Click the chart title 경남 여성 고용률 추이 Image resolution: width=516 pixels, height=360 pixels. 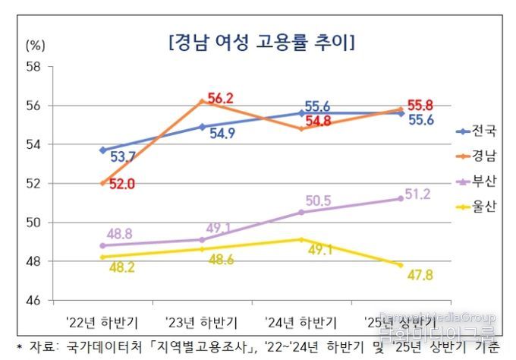(262, 41)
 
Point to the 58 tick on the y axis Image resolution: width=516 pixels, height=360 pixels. (34, 66)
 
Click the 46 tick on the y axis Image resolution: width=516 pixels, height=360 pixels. (34, 301)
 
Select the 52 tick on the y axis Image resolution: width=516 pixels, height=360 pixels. (34, 183)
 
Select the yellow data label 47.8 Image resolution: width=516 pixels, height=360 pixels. (419, 275)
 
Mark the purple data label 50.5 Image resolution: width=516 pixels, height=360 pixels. (319, 201)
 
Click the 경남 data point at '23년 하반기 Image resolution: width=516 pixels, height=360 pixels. (202, 101)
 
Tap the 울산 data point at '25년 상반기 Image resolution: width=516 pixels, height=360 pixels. (401, 265)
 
